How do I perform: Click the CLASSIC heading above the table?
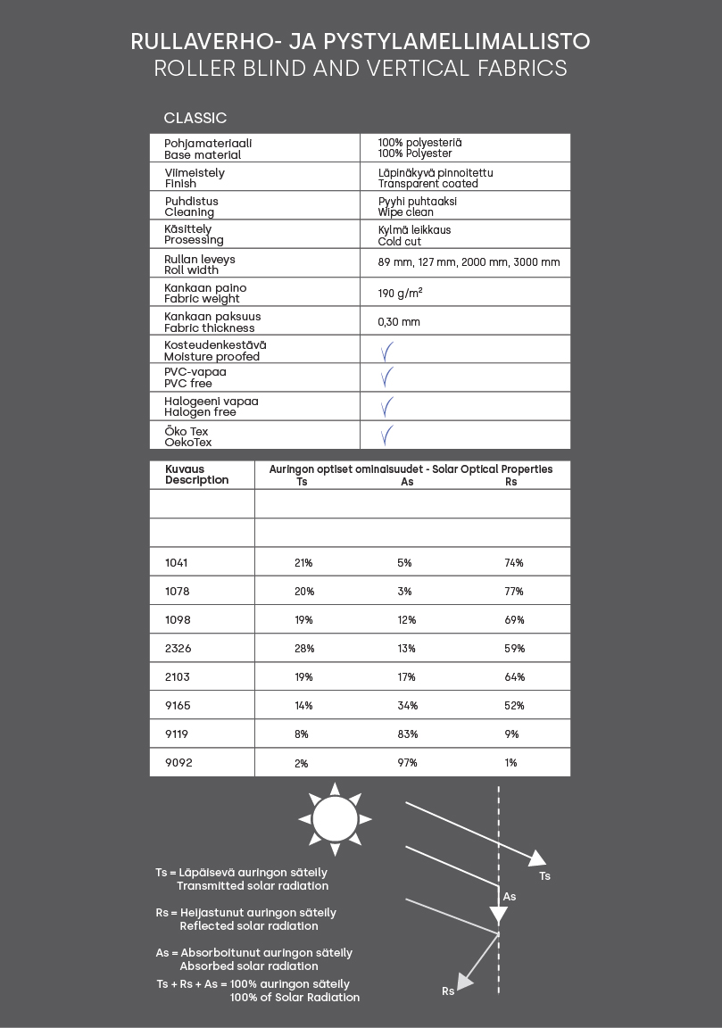click(195, 118)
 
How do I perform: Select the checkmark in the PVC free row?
click(386, 378)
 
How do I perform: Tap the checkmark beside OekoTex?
click(386, 435)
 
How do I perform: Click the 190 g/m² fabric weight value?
click(400, 293)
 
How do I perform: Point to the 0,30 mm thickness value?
click(398, 321)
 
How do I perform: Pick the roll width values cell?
click(469, 262)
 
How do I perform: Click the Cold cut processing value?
click(400, 241)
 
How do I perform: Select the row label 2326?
click(178, 648)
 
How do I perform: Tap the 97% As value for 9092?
click(407, 763)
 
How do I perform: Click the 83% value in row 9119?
click(407, 734)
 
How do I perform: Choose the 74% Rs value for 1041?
click(513, 563)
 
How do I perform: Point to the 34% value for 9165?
click(407, 706)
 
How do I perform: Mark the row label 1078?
click(178, 591)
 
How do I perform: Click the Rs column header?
click(511, 482)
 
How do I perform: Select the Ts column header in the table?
click(302, 482)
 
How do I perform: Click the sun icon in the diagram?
click(335, 818)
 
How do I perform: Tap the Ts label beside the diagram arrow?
click(544, 876)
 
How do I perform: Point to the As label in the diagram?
click(510, 896)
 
